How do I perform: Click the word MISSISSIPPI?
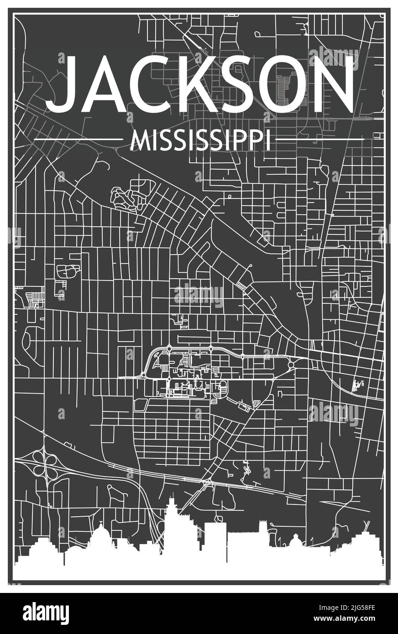coord(200,140)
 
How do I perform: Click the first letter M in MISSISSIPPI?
coord(138,140)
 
